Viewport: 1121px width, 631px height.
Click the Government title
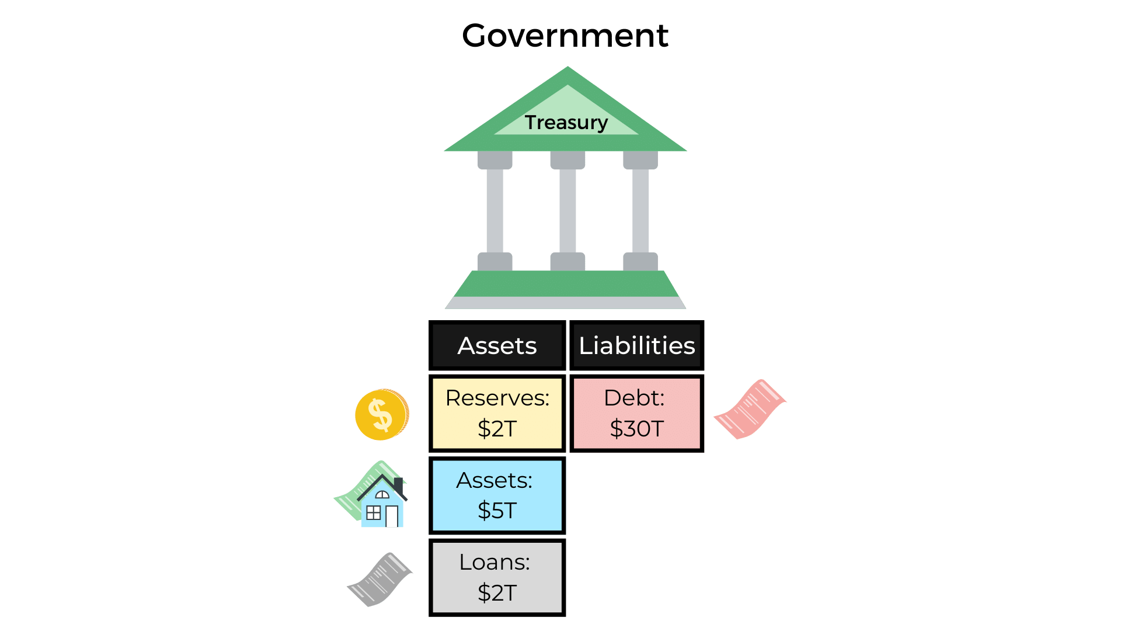pyautogui.click(x=565, y=36)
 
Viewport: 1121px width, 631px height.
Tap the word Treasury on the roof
pyautogui.click(x=566, y=123)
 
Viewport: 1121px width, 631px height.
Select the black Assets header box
pyautogui.click(x=497, y=345)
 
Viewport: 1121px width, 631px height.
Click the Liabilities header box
pyautogui.click(x=636, y=345)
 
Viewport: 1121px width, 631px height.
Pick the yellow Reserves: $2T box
pyautogui.click(x=497, y=413)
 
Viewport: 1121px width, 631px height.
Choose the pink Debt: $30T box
pyautogui.click(x=636, y=413)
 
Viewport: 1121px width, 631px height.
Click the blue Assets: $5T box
pyautogui.click(x=497, y=495)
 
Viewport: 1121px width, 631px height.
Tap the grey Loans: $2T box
pyautogui.click(x=497, y=577)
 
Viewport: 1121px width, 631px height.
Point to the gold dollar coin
pyautogui.click(x=382, y=414)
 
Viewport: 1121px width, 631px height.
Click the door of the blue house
pyautogui.click(x=392, y=516)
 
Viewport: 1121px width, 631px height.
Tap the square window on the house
pyautogui.click(x=373, y=513)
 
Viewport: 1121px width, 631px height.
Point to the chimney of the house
pyautogui.click(x=399, y=484)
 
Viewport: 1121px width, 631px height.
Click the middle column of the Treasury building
pyautogui.click(x=568, y=211)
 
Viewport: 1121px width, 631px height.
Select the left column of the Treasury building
pyautogui.click(x=495, y=211)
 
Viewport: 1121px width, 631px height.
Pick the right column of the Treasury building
pyautogui.click(x=640, y=211)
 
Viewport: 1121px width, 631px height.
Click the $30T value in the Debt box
pyautogui.click(x=636, y=429)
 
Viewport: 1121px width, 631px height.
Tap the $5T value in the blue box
pyautogui.click(x=497, y=511)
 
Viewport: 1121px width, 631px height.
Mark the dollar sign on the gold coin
pyautogui.click(x=381, y=414)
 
